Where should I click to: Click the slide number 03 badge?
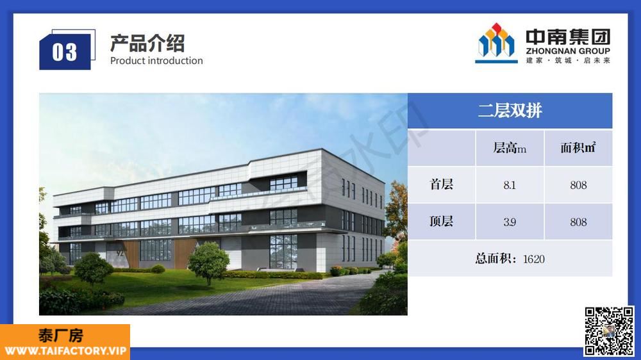point(65,51)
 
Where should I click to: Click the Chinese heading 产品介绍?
point(147,43)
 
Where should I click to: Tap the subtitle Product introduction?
point(156,60)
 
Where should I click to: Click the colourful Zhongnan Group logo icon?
point(496,43)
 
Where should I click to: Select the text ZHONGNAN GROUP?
point(568,51)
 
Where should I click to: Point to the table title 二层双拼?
point(510,110)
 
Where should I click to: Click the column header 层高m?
point(510,147)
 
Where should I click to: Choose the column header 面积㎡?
point(578,147)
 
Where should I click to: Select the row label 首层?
point(441,184)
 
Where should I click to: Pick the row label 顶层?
point(441,221)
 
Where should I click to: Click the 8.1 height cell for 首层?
point(510,185)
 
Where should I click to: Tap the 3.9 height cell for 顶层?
point(510,222)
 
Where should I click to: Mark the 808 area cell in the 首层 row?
point(578,185)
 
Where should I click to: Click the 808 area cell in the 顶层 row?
point(578,222)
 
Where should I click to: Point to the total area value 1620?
point(534,259)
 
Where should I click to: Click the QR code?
point(609,331)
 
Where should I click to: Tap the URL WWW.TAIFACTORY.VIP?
point(65,350)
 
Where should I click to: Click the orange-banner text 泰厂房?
point(61,336)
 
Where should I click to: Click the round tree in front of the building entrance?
point(208,262)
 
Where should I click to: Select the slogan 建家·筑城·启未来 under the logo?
point(568,60)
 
